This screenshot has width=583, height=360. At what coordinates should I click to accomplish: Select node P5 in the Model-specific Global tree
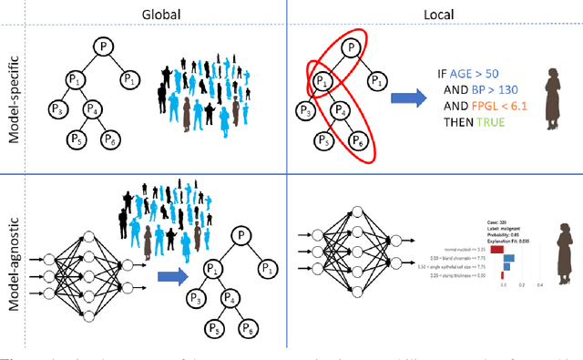pyautogui.click(x=75, y=140)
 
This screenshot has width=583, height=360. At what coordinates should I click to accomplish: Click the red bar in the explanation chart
pyautogui.click(x=496, y=247)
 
